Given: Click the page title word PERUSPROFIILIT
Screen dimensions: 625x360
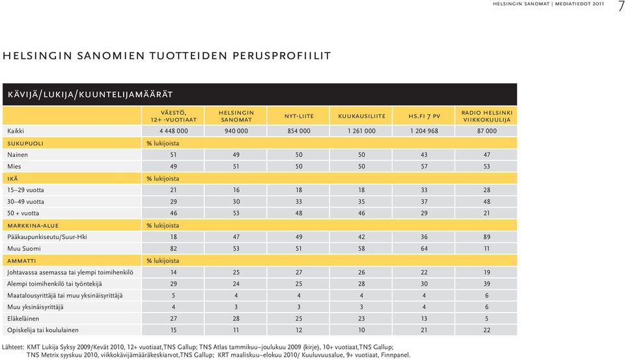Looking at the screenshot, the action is point(281,56).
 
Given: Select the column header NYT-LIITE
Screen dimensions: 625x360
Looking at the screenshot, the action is point(299,117).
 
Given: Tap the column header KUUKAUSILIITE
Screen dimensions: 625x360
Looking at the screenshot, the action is point(361,117).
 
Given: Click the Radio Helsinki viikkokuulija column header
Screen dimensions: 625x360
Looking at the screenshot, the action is point(487,116).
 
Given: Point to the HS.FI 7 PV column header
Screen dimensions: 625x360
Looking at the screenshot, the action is point(424,117).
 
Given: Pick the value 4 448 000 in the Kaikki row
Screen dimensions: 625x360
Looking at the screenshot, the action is point(173,131).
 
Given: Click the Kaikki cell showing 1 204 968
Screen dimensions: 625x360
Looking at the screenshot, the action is point(424,131).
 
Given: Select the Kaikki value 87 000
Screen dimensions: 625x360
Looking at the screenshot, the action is point(487,131).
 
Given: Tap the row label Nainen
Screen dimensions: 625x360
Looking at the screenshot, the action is point(18,155).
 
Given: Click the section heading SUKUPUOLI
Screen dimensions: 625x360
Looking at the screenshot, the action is point(25,143).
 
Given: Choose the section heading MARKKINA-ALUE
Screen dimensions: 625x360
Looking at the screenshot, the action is point(33,226).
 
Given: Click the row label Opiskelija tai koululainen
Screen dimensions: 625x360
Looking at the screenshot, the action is point(43,330).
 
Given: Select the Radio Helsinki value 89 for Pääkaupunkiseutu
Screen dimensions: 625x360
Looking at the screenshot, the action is point(487,237).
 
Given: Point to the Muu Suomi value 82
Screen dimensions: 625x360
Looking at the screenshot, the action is point(173,249).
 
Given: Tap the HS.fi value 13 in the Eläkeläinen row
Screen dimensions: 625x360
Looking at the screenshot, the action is point(424,318).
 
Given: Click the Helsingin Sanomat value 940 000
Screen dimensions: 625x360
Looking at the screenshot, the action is point(236,131).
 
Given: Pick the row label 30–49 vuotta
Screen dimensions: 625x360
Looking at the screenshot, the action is point(25,202).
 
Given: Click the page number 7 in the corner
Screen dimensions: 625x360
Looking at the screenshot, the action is point(620,7).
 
